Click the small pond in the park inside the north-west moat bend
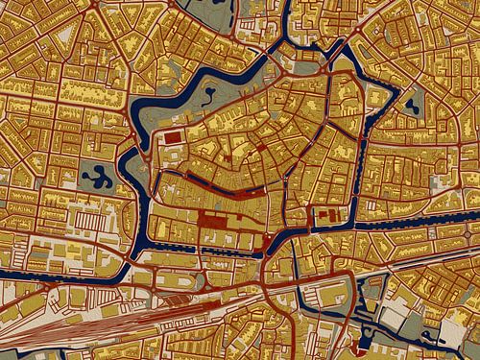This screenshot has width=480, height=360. (209, 93)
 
